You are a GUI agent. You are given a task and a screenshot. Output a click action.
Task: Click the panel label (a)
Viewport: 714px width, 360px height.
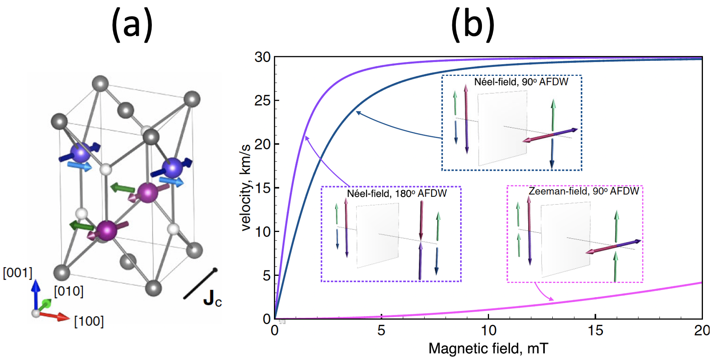pos(132,25)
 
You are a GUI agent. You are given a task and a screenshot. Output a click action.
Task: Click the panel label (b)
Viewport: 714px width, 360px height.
pos(473,25)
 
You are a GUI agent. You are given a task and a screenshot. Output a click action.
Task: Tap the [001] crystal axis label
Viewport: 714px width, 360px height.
pos(17,273)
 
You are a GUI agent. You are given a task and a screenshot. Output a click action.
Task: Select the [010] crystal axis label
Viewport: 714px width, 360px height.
pos(69,292)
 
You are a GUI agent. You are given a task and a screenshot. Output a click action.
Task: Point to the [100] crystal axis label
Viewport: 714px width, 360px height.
pos(89,321)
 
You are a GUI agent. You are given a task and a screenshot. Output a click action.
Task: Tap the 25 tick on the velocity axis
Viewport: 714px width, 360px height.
pos(263,101)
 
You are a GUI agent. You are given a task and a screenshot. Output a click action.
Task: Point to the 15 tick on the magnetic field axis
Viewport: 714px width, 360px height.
pos(595,330)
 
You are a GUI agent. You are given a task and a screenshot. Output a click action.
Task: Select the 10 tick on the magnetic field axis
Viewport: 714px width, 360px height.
pos(488,330)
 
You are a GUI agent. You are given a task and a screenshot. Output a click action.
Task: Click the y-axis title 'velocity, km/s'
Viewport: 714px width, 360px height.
pos(246,187)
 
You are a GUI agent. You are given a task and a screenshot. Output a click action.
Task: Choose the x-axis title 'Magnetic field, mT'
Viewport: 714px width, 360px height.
pos(488,349)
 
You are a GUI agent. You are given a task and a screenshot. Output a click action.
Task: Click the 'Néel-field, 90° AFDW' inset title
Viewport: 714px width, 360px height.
pos(521,82)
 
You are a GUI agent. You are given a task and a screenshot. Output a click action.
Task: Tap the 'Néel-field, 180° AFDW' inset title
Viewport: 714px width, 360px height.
pos(397,193)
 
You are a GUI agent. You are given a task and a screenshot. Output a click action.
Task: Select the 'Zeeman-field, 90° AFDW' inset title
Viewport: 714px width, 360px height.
pos(584,191)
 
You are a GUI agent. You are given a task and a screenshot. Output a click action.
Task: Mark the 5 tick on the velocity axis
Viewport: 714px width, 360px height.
pos(267,275)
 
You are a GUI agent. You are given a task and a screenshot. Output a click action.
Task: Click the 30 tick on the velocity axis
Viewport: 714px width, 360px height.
pos(263,57)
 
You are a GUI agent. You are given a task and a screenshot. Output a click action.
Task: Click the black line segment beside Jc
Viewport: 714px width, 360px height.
pos(200,284)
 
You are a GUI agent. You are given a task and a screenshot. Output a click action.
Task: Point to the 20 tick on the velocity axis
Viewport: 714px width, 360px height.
pos(263,145)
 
